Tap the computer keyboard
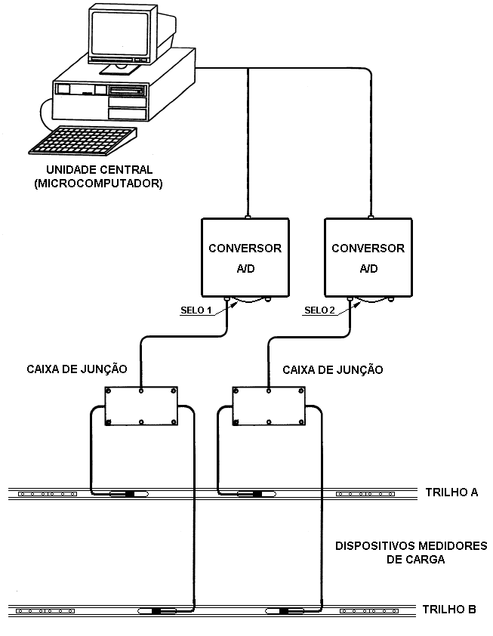click(83, 140)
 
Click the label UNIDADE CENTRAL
click(100, 169)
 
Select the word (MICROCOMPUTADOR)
click(98, 184)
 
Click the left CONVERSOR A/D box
click(245, 258)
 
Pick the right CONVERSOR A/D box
click(368, 258)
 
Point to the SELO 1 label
click(196, 310)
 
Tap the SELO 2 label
click(319, 310)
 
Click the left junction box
click(141, 406)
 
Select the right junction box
click(269, 406)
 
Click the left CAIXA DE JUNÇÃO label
click(77, 369)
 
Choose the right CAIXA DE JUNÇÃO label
click(332, 370)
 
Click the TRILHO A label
click(451, 492)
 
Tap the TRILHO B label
click(449, 610)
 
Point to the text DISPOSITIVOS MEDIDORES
click(411, 545)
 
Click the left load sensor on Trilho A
click(129, 494)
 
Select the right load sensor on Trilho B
click(285, 610)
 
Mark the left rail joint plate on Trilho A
click(48, 494)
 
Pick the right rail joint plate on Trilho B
click(369, 611)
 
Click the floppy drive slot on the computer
click(128, 90)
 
